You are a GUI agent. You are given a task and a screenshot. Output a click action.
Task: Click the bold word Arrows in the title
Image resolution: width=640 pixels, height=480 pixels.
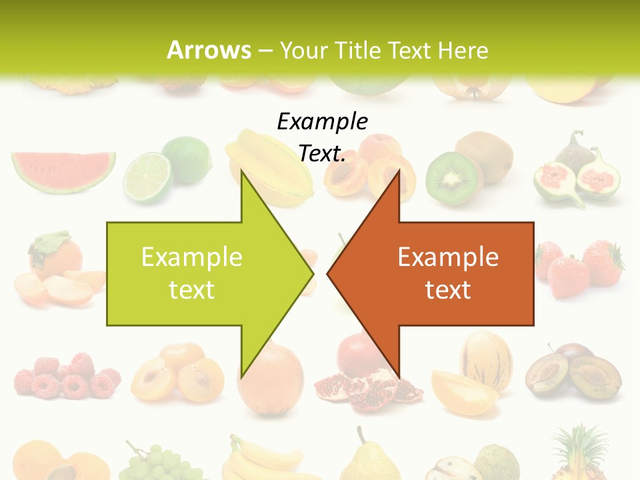(209, 50)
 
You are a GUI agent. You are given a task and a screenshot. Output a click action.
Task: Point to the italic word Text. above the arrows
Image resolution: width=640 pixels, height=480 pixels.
(322, 154)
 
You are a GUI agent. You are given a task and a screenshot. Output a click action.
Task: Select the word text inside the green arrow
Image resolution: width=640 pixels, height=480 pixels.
(191, 290)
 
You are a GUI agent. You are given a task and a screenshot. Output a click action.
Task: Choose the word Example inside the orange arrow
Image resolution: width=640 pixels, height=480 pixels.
(448, 257)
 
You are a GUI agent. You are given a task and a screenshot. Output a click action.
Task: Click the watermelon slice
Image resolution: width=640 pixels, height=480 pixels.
(63, 169)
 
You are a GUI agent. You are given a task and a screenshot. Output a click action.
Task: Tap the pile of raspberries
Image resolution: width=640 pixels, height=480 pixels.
(67, 377)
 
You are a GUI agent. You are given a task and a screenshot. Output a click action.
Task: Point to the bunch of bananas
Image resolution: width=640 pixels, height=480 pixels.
(263, 460)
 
